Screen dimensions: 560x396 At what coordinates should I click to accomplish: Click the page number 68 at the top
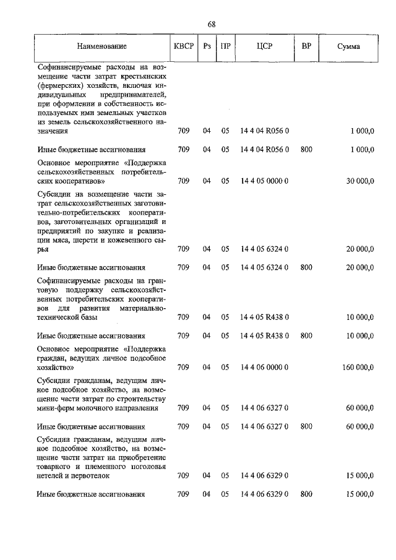pyautogui.click(x=211, y=24)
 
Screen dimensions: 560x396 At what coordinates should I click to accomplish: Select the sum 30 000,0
pyautogui.click(x=359, y=181)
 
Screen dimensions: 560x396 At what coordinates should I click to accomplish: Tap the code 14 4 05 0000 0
pyautogui.click(x=264, y=181)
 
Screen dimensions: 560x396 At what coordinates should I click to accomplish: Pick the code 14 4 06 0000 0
pyautogui.click(x=264, y=367)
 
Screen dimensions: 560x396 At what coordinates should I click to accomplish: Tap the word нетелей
pyautogui.click(x=51, y=476)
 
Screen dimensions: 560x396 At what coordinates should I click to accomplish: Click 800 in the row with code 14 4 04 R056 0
pyautogui.click(x=306, y=150)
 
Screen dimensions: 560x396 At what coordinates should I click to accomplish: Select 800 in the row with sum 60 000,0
pyautogui.click(x=306, y=426)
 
